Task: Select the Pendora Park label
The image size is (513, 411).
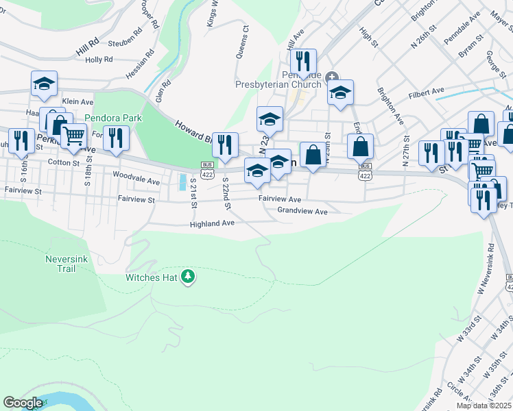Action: click(x=113, y=118)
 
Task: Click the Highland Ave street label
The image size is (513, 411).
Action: click(x=213, y=223)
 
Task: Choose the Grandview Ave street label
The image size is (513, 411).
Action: click(x=302, y=212)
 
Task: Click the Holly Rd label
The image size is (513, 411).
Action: click(x=99, y=60)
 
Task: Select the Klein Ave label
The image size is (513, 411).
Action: click(x=77, y=101)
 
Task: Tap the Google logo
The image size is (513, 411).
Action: click(x=22, y=403)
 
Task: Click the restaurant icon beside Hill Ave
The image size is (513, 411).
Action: click(x=303, y=60)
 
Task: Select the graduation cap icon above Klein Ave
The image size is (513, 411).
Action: click(x=45, y=83)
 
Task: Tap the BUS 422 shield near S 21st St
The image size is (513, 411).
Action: click(x=206, y=168)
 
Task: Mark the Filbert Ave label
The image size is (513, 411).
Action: click(x=427, y=96)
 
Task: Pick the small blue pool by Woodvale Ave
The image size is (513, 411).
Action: click(x=182, y=182)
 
